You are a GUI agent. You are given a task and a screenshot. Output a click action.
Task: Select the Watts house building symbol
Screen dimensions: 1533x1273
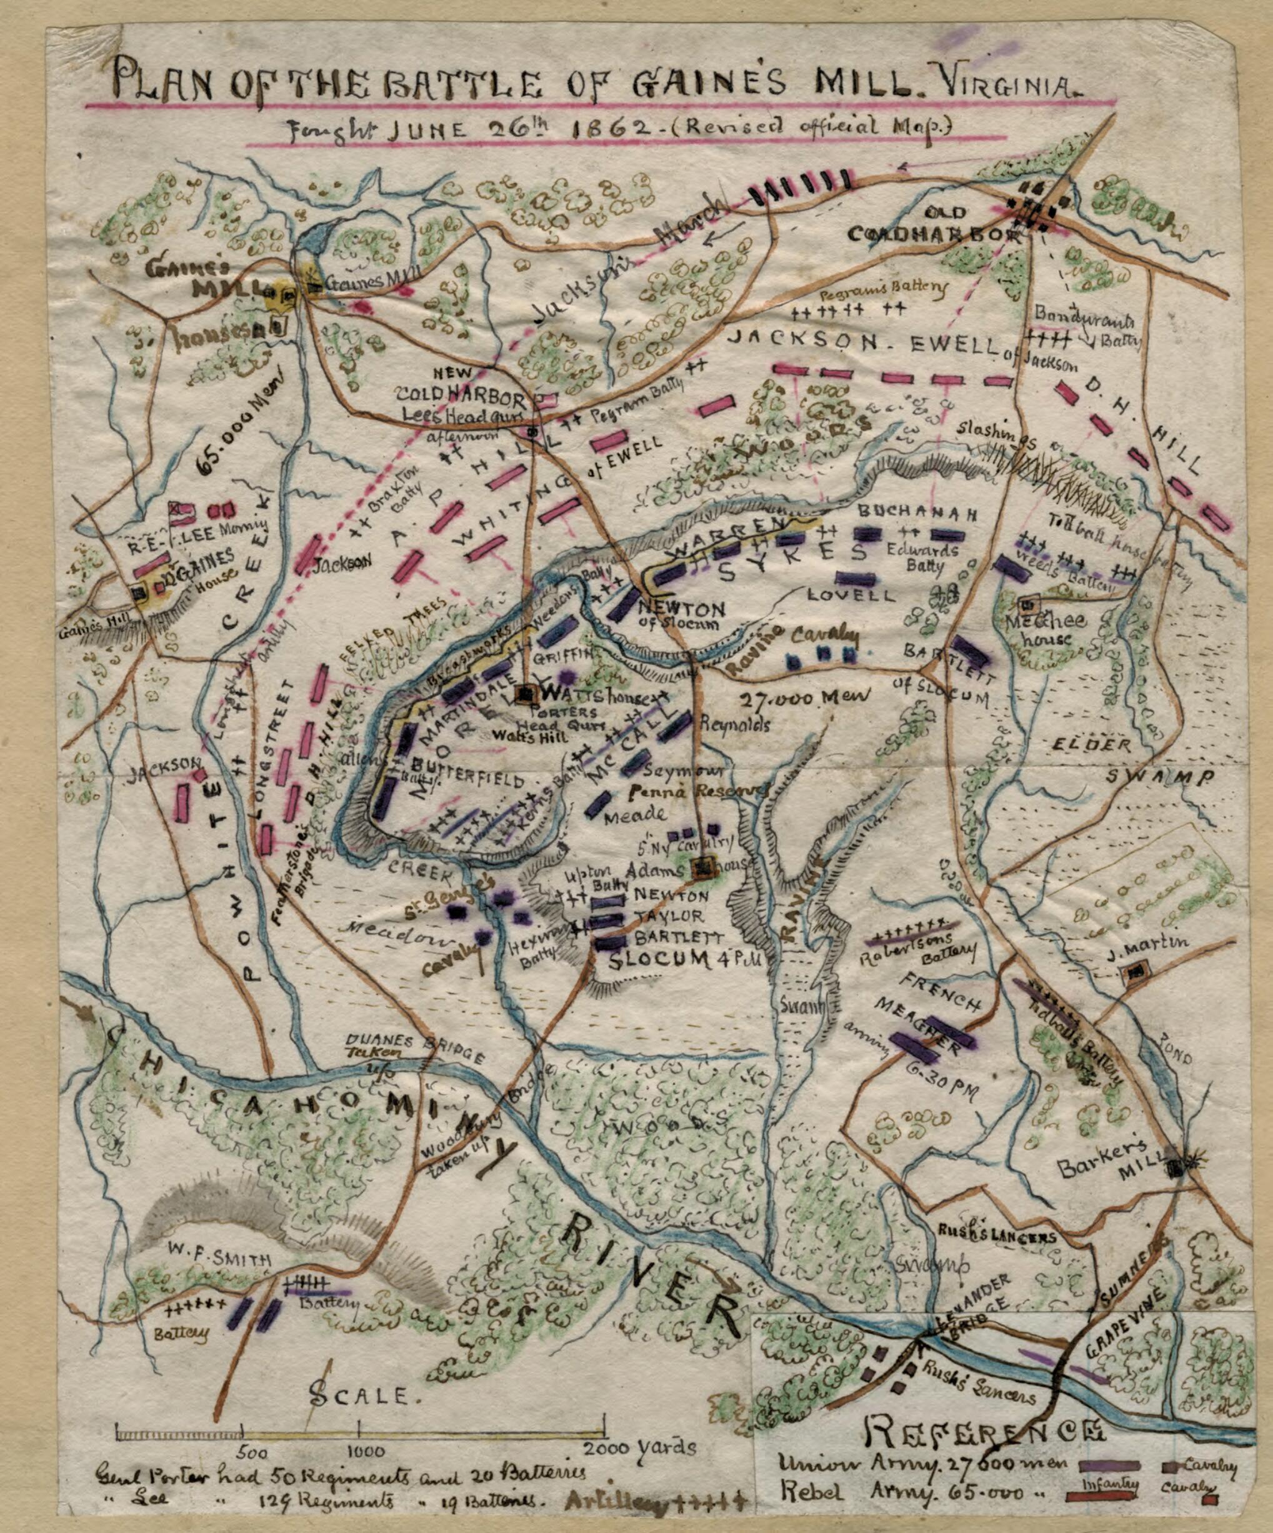click(x=525, y=694)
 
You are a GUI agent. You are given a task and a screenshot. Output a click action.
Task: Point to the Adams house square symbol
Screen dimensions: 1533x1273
click(x=704, y=867)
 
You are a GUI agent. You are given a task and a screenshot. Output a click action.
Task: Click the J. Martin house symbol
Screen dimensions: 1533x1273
click(x=1135, y=972)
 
